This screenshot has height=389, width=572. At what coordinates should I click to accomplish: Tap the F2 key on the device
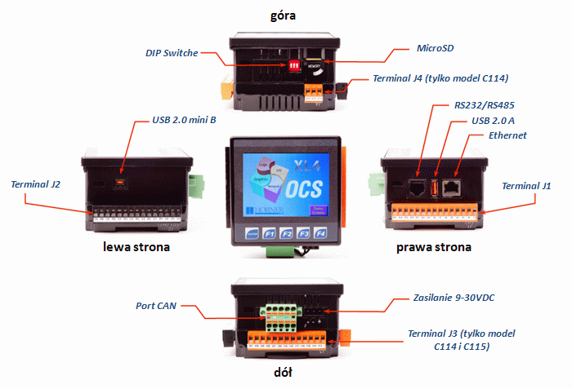coord(288,234)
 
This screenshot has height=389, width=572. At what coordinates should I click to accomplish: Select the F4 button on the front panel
coord(323,234)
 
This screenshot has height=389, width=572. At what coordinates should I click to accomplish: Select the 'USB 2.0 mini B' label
coord(185,120)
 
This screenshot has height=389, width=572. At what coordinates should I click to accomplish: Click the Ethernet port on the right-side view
coord(453,188)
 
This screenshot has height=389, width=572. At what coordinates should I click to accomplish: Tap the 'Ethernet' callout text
coord(507,135)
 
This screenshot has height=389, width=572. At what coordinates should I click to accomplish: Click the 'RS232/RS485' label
coord(485,105)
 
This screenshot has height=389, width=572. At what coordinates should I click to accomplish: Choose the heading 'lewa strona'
coord(136,245)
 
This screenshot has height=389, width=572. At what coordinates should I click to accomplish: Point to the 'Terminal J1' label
coord(526,186)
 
